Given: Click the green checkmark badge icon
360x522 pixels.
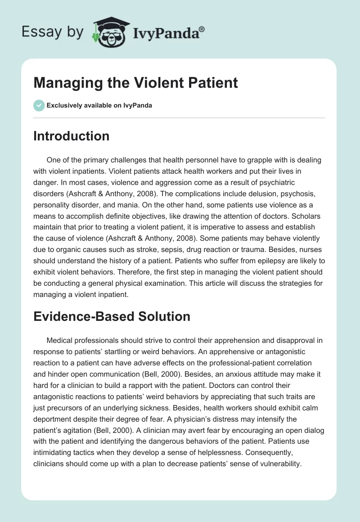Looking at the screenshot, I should click(39, 105).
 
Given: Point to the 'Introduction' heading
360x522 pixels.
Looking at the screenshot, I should click(71, 136).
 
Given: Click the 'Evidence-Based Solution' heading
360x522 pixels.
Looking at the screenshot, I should click(112, 316).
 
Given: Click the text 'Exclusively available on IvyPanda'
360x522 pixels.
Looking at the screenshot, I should click(99, 105).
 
